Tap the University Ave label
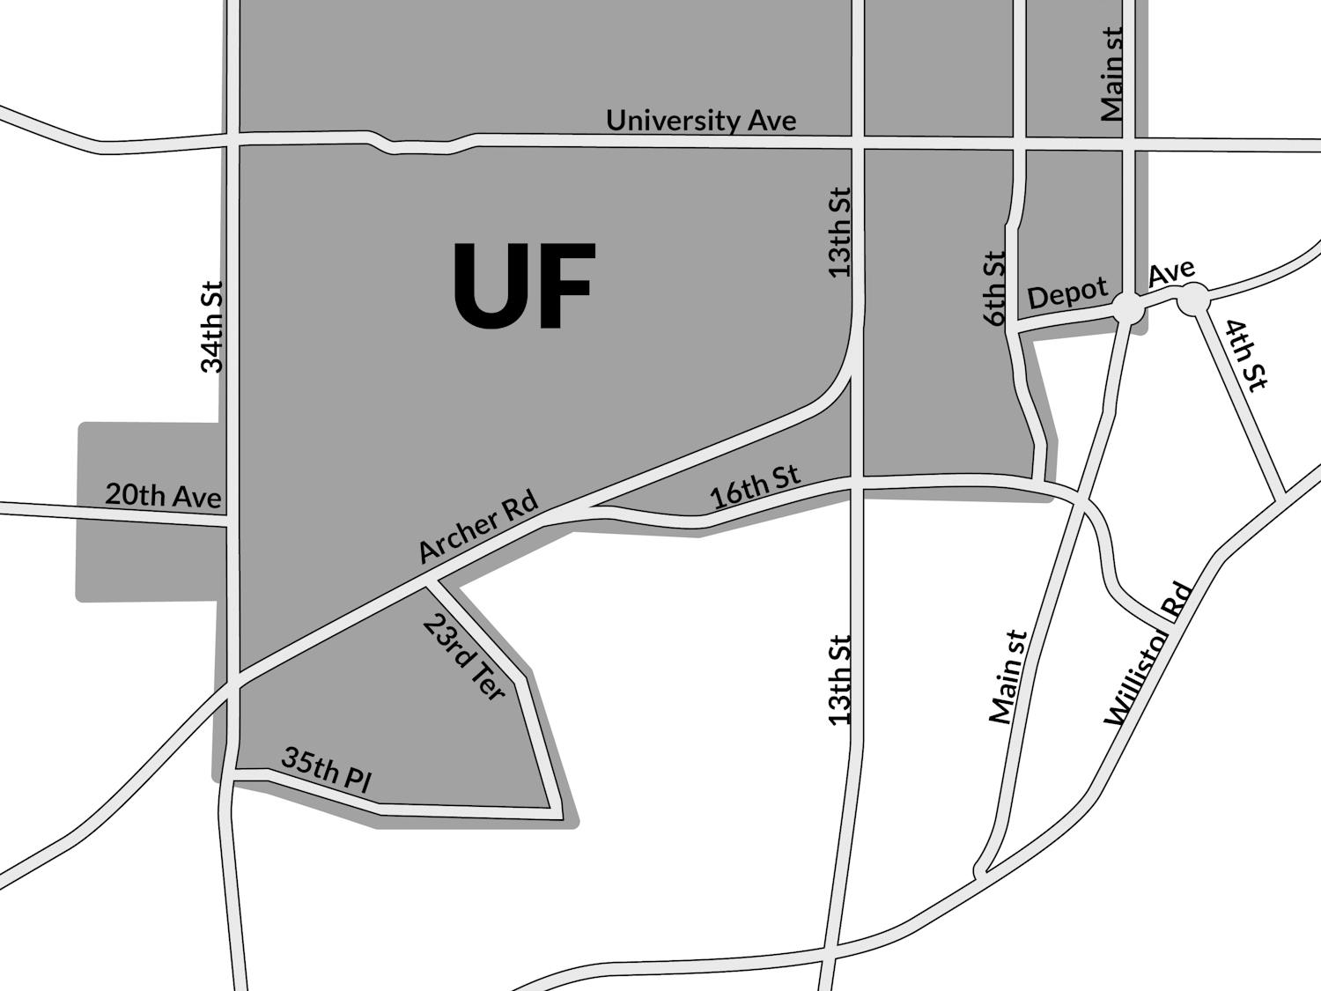[701, 120]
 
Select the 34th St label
[212, 327]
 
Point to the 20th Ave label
[163, 496]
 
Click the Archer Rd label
[477, 526]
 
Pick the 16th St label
[756, 487]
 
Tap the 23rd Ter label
[464, 657]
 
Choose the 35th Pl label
[327, 769]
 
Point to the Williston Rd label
[1148, 654]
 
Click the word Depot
[1067, 294]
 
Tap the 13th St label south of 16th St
[840, 680]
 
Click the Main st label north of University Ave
[1112, 74]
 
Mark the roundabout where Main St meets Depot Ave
[1128, 307]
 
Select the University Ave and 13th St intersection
[857, 143]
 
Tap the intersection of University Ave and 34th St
[232, 140]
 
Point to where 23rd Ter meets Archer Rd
[432, 583]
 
